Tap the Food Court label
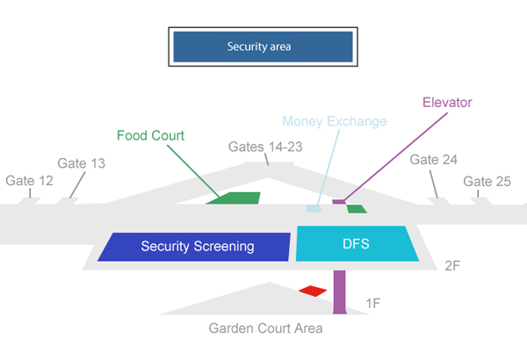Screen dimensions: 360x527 (150, 135)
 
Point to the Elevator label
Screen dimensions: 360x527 (447, 102)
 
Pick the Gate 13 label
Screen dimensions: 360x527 (81, 163)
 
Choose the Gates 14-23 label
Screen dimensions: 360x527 (265, 147)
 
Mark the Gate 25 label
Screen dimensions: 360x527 (487, 181)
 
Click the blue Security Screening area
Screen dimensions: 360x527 (195, 246)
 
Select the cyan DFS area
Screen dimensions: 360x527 (357, 243)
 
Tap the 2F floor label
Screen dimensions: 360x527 (453, 265)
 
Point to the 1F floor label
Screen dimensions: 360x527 (373, 304)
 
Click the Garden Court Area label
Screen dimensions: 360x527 (265, 329)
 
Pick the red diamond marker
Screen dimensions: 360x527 (313, 291)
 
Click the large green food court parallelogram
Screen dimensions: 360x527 (234, 198)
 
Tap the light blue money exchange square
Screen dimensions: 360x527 (313, 209)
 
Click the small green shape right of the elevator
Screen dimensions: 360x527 (357, 209)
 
